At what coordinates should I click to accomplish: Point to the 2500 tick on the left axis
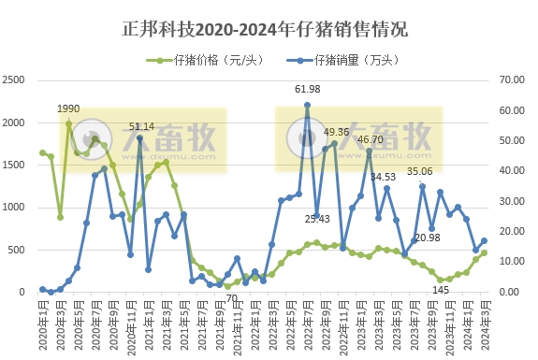click(17, 80)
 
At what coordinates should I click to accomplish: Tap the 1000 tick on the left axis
click(17, 208)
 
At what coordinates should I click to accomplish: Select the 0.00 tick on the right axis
click(510, 292)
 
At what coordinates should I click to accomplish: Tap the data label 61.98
click(307, 90)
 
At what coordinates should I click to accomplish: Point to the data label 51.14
click(141, 126)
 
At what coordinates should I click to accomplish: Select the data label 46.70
click(371, 139)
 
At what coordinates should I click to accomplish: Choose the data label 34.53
click(385, 176)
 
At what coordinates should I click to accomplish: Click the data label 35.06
click(419, 171)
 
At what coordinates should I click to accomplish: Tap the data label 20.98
click(428, 238)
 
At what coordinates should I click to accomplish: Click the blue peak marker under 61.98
click(307, 105)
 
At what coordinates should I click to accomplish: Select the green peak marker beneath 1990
click(69, 122)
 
